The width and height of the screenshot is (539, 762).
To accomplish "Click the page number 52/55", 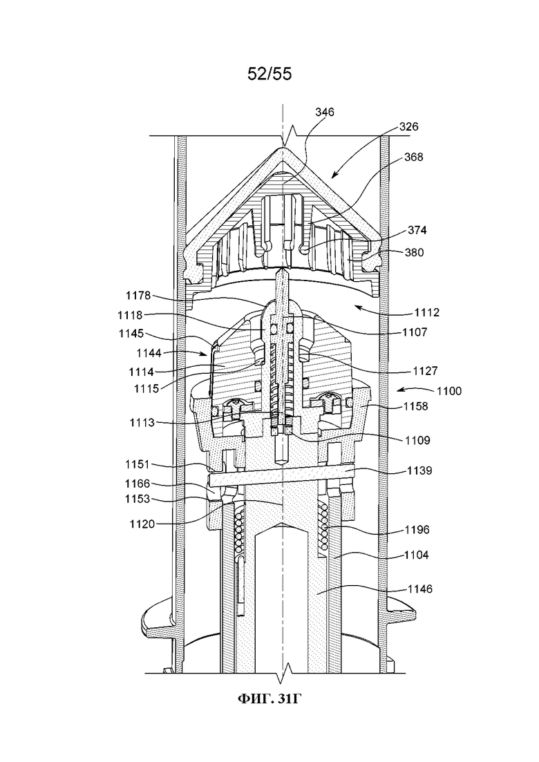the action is click(269, 74).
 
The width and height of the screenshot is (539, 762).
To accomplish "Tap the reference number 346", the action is click(325, 112).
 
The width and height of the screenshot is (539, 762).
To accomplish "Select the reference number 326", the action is click(409, 127).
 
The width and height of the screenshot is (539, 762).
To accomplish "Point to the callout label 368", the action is click(414, 157).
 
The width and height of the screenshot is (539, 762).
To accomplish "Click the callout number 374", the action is click(417, 230).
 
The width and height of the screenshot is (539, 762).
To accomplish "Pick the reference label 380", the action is click(414, 252).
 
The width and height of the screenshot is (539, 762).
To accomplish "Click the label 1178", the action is click(138, 296).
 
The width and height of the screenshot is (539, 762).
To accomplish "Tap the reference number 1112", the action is click(427, 312).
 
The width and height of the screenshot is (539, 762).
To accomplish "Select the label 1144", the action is click(149, 353).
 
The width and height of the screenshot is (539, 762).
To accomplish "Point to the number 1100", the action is click(449, 391).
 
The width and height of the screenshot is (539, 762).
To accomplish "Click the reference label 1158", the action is click(416, 406).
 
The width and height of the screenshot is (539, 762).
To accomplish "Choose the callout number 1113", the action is click(142, 423).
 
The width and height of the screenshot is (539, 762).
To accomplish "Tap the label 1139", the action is click(419, 470).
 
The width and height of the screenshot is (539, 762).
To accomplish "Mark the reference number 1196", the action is click(417, 530).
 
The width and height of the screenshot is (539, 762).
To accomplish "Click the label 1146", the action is click(419, 589).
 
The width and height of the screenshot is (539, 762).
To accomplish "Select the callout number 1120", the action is click(142, 524).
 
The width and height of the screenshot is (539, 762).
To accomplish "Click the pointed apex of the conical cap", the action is click(283, 146).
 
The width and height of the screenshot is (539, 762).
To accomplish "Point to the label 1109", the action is click(417, 440).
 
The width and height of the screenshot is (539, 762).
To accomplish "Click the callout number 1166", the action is click(138, 484).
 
